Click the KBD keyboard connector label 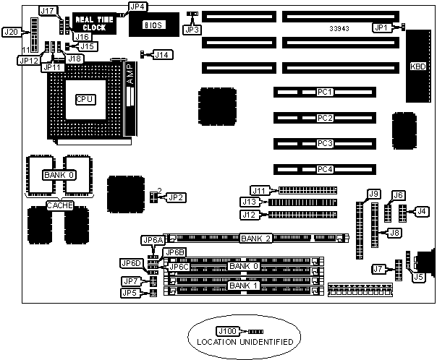(x=418, y=67)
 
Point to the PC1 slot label (x=325, y=92)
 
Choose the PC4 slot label (x=325, y=169)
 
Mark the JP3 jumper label (x=192, y=29)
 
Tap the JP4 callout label (x=137, y=7)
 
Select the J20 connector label (x=12, y=33)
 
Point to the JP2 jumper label (x=176, y=197)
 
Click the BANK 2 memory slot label (x=255, y=238)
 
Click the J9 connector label (x=373, y=193)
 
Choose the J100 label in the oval (x=226, y=331)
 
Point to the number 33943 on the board (x=339, y=28)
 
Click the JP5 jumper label (x=130, y=293)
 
